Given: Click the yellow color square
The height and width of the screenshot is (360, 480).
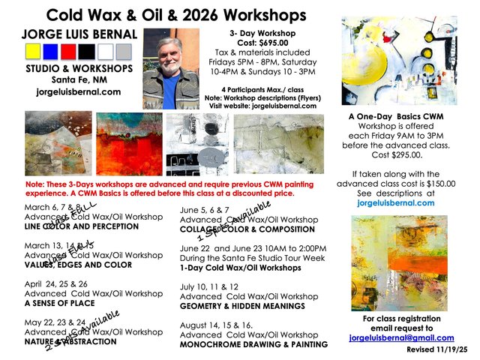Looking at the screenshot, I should [32, 51].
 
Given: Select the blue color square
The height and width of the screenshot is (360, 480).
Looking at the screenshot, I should [50, 51].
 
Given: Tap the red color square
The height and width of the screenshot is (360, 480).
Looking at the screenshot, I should [68, 51].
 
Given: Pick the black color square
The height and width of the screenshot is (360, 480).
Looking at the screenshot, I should [87, 51].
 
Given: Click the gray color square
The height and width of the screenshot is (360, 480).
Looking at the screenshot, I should [124, 51].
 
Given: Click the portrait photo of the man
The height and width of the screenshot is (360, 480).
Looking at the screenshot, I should [170, 69].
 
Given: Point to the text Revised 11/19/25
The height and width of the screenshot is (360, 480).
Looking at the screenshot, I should [438, 349].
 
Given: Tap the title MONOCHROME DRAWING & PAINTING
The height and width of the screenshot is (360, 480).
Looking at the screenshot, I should [254, 344].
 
